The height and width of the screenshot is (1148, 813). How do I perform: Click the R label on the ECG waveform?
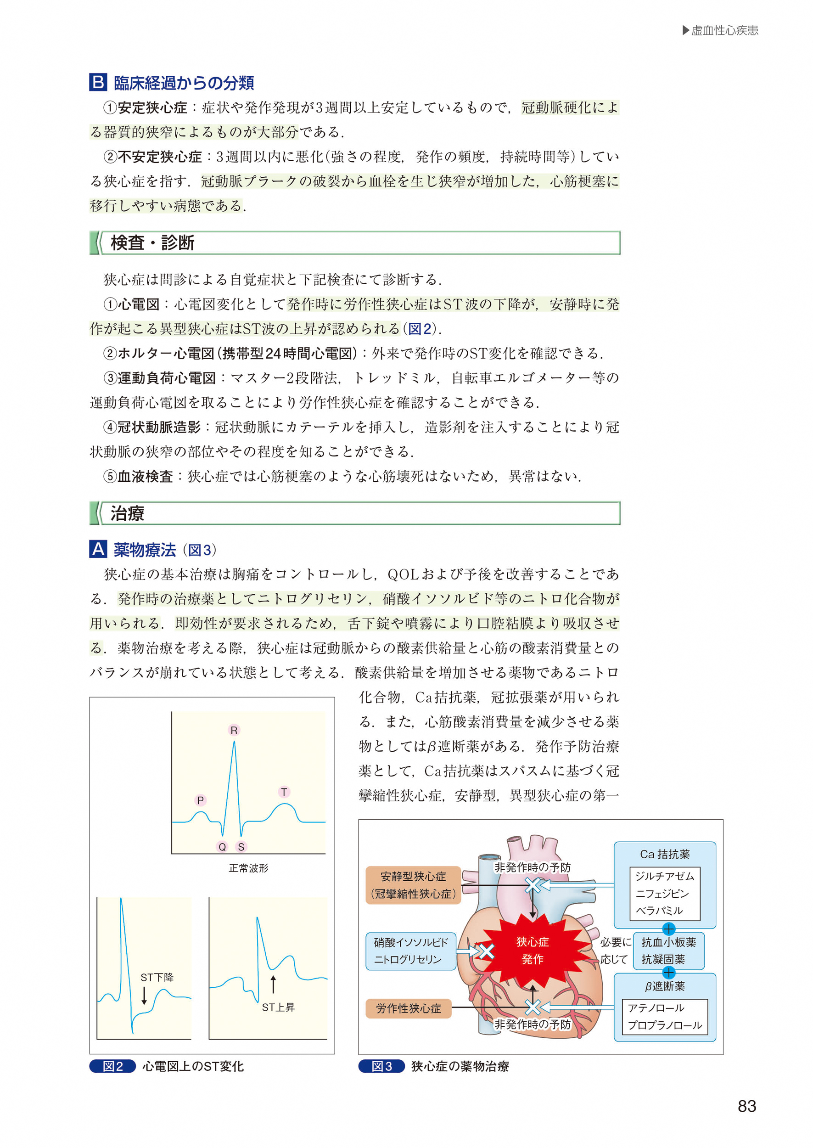click(x=234, y=731)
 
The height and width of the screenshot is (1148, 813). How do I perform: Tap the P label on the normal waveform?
click(x=200, y=800)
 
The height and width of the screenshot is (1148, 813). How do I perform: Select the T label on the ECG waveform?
click(x=284, y=792)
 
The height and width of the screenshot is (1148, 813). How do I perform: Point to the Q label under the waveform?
click(x=222, y=847)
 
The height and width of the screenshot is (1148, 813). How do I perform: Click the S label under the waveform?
click(x=241, y=847)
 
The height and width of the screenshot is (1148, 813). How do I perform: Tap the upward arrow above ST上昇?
click(x=273, y=984)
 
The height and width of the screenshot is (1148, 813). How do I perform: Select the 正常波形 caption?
click(x=248, y=868)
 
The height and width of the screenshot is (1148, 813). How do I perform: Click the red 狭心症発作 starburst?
click(x=532, y=950)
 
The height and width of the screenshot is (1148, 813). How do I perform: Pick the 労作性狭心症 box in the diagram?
click(x=408, y=1008)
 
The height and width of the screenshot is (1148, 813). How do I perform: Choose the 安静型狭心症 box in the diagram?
click(x=413, y=885)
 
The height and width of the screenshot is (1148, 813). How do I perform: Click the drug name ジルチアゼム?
click(x=664, y=876)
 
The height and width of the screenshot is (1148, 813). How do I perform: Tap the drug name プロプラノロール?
click(x=664, y=1025)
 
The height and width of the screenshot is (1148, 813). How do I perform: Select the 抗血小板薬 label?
click(x=668, y=942)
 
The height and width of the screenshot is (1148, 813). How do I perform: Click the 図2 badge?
click(x=112, y=1066)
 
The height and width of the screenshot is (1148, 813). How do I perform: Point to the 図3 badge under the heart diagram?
click(x=381, y=1066)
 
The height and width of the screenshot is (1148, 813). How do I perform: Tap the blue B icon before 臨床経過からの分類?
click(x=98, y=82)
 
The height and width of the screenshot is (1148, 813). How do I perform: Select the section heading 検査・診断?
click(x=152, y=243)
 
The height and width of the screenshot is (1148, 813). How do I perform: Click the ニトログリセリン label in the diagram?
click(x=408, y=959)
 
